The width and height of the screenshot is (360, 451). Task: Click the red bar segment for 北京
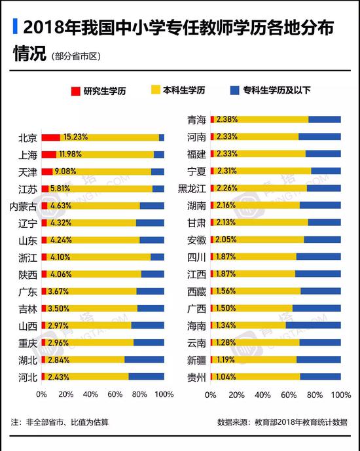(x=50, y=137)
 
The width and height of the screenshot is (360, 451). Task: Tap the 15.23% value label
(x=75, y=137)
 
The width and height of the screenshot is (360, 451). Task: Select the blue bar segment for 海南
(x=313, y=325)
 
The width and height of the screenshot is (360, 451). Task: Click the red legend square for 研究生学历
(x=76, y=91)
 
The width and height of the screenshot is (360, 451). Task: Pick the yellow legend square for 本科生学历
(x=156, y=90)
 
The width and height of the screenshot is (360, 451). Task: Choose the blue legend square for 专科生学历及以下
(x=234, y=90)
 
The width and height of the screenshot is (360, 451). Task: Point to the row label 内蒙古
(x=23, y=206)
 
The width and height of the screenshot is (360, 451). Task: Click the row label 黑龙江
(x=192, y=189)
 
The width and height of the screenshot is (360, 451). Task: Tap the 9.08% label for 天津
(x=65, y=171)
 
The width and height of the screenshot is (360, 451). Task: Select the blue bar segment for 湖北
(x=144, y=359)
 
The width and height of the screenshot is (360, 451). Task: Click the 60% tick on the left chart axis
(x=115, y=394)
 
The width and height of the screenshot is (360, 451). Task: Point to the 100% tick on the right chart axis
(x=341, y=395)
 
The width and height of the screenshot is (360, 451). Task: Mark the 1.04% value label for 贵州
(x=225, y=376)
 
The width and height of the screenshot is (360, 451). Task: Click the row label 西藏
(x=196, y=292)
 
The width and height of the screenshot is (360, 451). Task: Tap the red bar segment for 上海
(x=49, y=154)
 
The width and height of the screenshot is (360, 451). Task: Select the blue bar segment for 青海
(x=325, y=119)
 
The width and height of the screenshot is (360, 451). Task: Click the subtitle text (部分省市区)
(x=76, y=56)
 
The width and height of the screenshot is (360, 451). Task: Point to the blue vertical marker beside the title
(x=15, y=26)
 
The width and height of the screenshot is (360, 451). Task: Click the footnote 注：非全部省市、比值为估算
(x=60, y=422)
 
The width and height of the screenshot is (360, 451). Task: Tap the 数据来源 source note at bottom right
(x=282, y=422)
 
